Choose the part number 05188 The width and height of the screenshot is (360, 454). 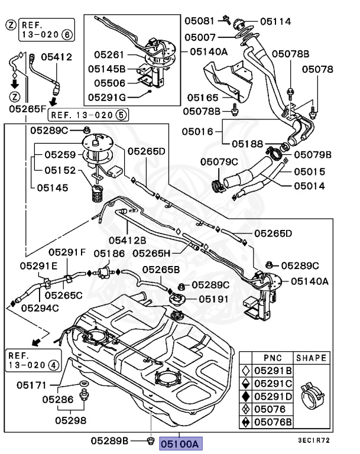(x=247, y=143)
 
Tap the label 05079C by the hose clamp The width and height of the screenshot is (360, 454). (x=219, y=161)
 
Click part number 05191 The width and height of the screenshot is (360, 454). (x=213, y=299)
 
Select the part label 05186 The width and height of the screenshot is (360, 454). (x=108, y=253)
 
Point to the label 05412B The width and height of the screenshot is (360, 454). (x=127, y=240)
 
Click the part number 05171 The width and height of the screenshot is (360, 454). (x=31, y=385)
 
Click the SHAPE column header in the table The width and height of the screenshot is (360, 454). (x=311, y=358)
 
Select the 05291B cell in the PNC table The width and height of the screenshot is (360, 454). (x=273, y=371)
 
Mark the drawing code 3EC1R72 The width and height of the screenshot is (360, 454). (x=313, y=440)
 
